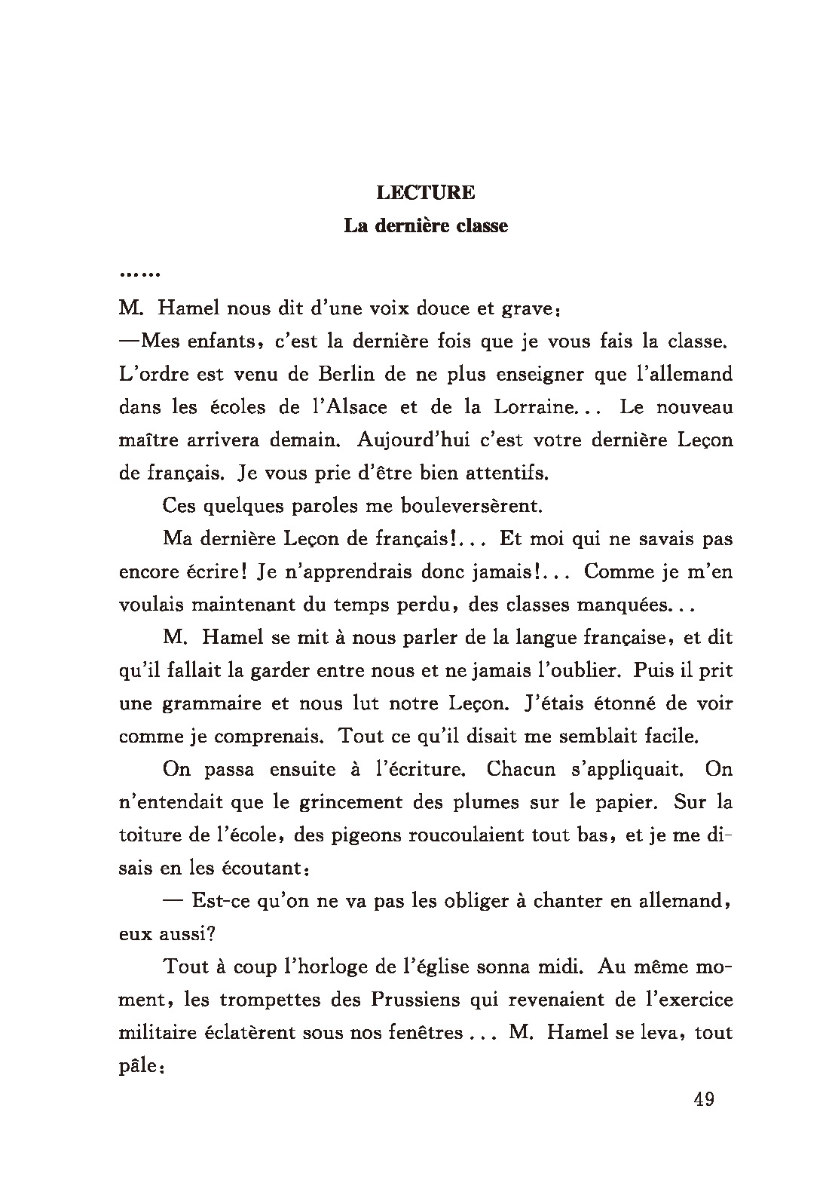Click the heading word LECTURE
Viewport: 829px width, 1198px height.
[426, 193]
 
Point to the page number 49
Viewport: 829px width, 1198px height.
[703, 1098]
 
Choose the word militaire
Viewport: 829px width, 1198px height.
[154, 1033]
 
